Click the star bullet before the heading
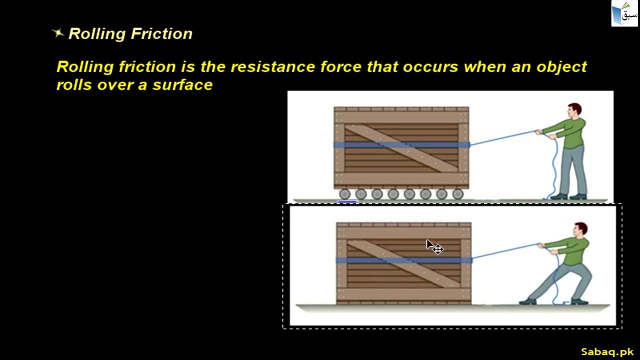point(58,33)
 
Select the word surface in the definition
point(182,85)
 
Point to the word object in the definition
point(559,67)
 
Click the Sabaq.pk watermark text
point(607,351)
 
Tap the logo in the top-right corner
point(624,13)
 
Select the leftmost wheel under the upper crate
point(344,194)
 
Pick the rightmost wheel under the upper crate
point(457,194)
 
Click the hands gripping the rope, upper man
point(540,132)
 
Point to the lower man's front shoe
point(527,301)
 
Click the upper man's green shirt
point(573,132)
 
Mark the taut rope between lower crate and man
point(505,251)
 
